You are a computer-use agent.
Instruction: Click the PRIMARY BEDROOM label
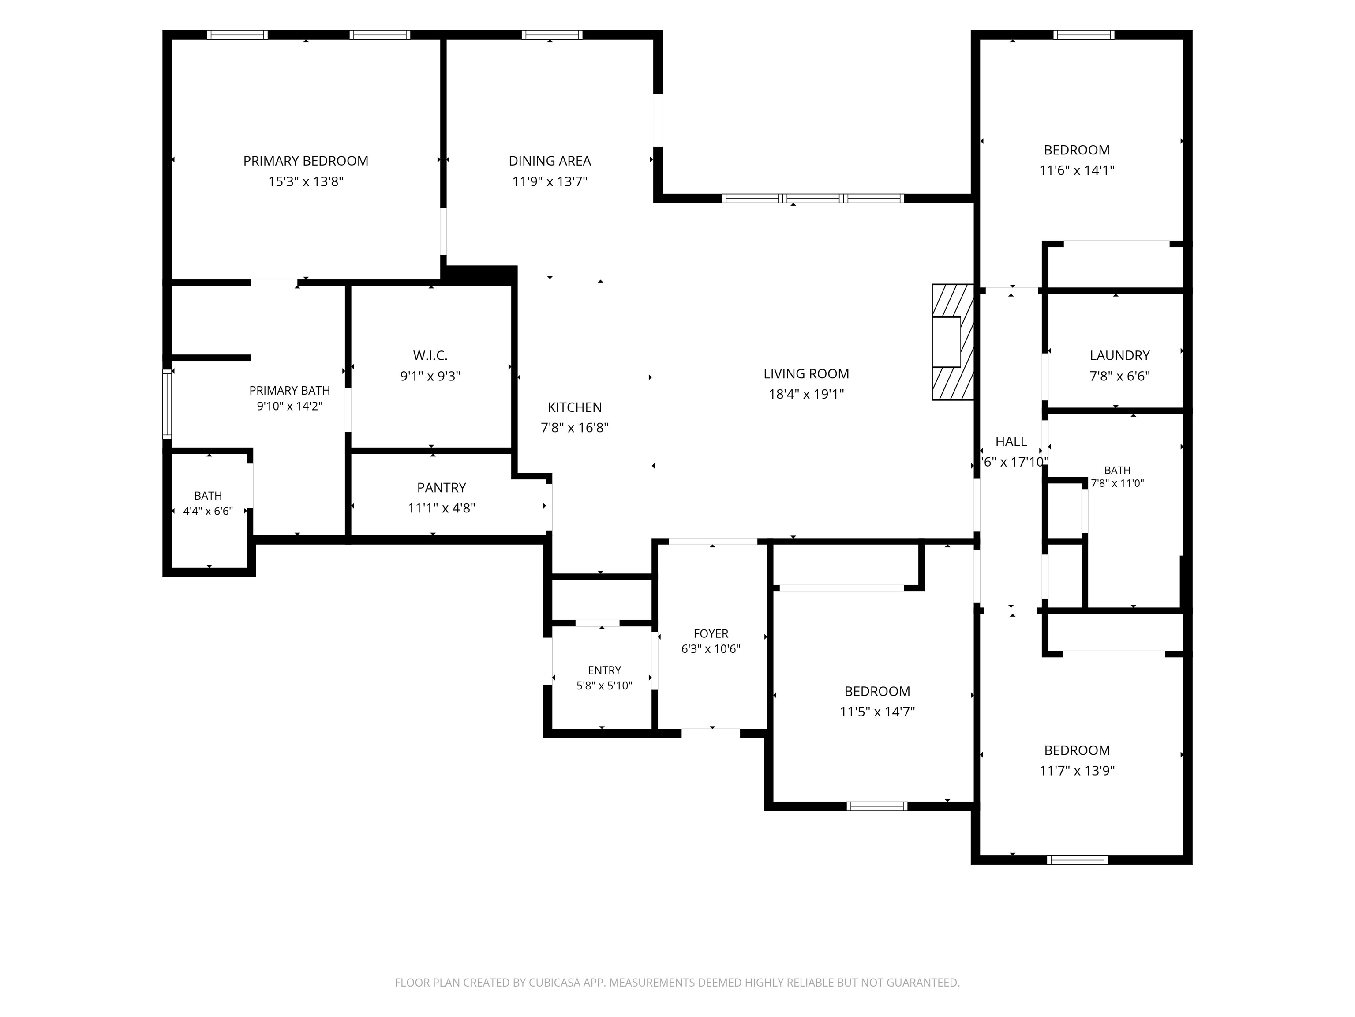pos(306,161)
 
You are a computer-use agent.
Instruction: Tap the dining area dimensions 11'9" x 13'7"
pos(550,181)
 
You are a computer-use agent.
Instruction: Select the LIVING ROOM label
pos(806,373)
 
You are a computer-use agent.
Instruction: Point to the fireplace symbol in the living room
pos(953,342)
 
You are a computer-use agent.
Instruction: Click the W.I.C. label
pos(430,355)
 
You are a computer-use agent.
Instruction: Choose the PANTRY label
pos(442,487)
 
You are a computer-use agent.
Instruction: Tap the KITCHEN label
pos(575,407)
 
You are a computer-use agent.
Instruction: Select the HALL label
pos(1011,441)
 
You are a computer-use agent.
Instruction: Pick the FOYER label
pos(711,633)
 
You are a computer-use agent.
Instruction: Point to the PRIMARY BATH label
pos(290,391)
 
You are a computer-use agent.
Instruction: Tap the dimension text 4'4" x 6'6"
pos(208,511)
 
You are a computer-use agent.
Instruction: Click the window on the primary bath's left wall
pos(167,403)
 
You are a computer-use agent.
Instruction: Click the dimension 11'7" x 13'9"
pos(1077,771)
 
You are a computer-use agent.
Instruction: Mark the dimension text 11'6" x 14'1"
pos(1077,170)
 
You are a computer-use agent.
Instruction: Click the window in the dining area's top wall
pos(552,35)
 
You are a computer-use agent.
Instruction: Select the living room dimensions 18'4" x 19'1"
pos(806,394)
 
